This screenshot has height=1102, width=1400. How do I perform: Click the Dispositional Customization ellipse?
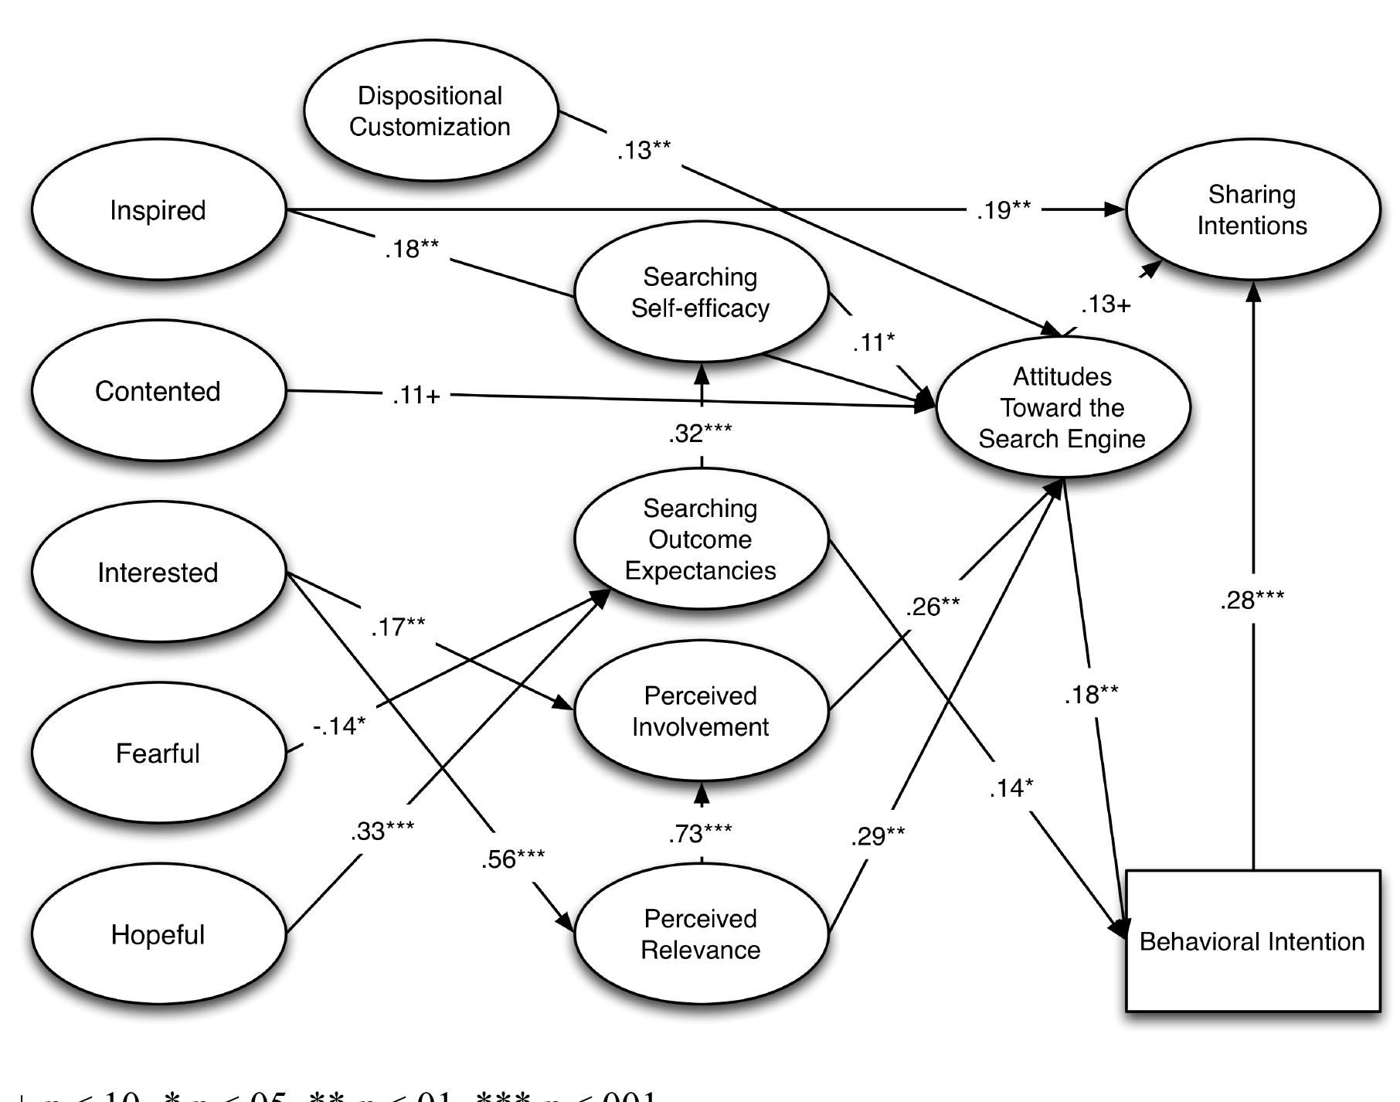pyautogui.click(x=430, y=111)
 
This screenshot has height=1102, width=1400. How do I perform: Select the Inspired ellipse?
pyautogui.click(x=158, y=210)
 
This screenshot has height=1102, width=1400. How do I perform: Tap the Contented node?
pyautogui.click(x=158, y=391)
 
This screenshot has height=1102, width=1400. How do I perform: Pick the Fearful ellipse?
pyautogui.click(x=158, y=753)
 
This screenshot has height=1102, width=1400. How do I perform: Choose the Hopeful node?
pyautogui.click(x=158, y=934)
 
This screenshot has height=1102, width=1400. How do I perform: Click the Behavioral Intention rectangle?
pyautogui.click(x=1252, y=941)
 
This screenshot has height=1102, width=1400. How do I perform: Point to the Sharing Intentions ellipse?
pyautogui.click(x=1252, y=209)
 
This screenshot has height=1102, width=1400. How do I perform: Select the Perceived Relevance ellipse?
pyautogui.click(x=701, y=934)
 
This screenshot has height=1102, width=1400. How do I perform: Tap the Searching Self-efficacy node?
pyautogui.click(x=701, y=292)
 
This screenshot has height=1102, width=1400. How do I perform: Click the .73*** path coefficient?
pyautogui.click(x=701, y=834)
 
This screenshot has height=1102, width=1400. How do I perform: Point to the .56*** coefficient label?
pyautogui.click(x=512, y=859)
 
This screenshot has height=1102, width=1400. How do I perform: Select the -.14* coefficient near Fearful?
pyautogui.click(x=339, y=726)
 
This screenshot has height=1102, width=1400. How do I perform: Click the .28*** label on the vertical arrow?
pyautogui.click(x=1252, y=600)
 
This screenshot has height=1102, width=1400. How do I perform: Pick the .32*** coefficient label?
pyautogui.click(x=701, y=434)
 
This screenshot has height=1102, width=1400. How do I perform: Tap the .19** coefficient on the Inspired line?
pyautogui.click(x=1003, y=209)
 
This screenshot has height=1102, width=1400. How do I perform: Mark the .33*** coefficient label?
pyautogui.click(x=382, y=832)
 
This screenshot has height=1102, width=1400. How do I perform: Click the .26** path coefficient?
pyautogui.click(x=933, y=607)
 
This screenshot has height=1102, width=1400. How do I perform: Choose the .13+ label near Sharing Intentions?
pyautogui.click(x=1106, y=305)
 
